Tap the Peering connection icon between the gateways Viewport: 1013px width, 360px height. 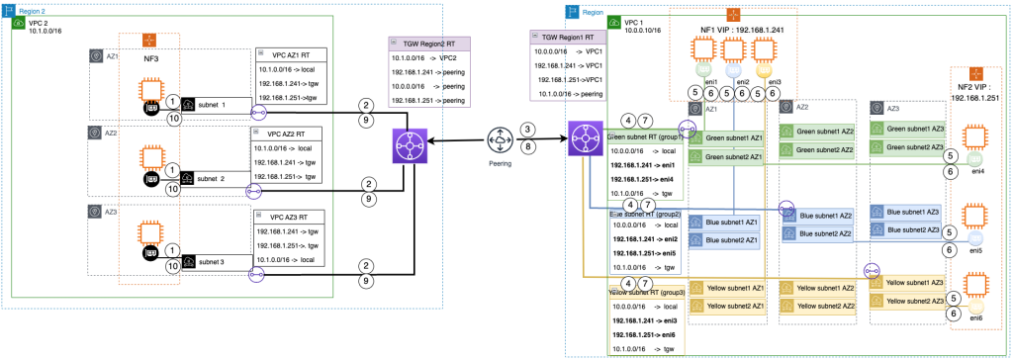click(501, 137)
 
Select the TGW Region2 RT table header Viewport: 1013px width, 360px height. click(430, 45)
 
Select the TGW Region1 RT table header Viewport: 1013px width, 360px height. click(567, 35)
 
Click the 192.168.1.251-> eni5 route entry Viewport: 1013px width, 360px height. click(645, 253)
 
